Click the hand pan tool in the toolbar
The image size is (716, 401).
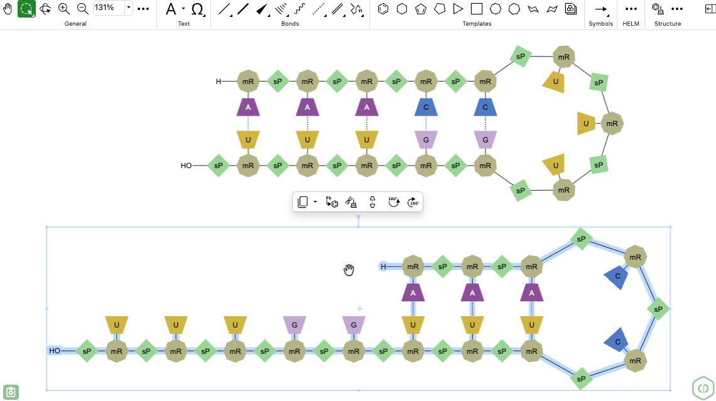coord(8,8)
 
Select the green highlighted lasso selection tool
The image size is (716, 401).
coord(26,8)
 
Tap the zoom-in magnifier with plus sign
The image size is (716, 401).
coord(64,8)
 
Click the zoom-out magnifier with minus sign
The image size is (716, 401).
coord(83,8)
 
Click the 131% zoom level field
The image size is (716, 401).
coord(109,8)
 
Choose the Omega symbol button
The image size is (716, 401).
coord(197,9)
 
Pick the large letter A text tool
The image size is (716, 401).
coord(170,9)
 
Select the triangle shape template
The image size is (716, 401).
coord(458,9)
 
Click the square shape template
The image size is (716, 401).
coord(477,9)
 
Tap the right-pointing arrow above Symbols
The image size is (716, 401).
coord(601,9)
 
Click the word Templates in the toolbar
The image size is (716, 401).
coord(477,24)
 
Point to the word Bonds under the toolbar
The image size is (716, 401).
coord(290,24)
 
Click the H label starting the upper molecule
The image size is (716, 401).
coord(219,82)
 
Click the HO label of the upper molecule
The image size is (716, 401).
coord(187,166)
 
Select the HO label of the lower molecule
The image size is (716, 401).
coord(55,351)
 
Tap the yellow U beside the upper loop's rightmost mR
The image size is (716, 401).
coord(586,124)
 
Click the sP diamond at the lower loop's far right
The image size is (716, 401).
coord(658,309)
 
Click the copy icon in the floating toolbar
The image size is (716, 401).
coord(303,202)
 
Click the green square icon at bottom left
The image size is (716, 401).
coord(11,392)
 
